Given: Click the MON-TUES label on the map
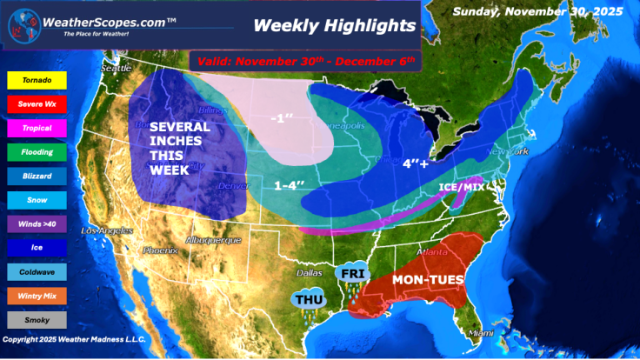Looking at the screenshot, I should pyautogui.click(x=427, y=279).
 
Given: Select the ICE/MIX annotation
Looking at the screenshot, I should pyautogui.click(x=461, y=185).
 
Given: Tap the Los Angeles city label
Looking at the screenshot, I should pyautogui.click(x=106, y=231).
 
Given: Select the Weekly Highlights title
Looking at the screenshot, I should pyautogui.click(x=335, y=26).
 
